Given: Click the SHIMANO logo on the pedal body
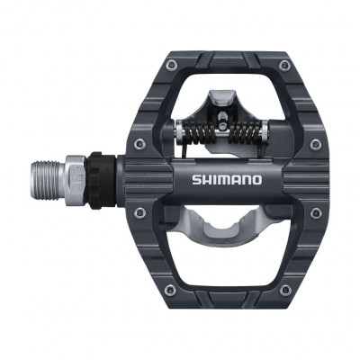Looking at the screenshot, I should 226,179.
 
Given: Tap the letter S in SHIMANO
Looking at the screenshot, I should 196,179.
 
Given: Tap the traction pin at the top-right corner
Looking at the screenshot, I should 284,65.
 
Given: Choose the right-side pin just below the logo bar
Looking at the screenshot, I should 314,212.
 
